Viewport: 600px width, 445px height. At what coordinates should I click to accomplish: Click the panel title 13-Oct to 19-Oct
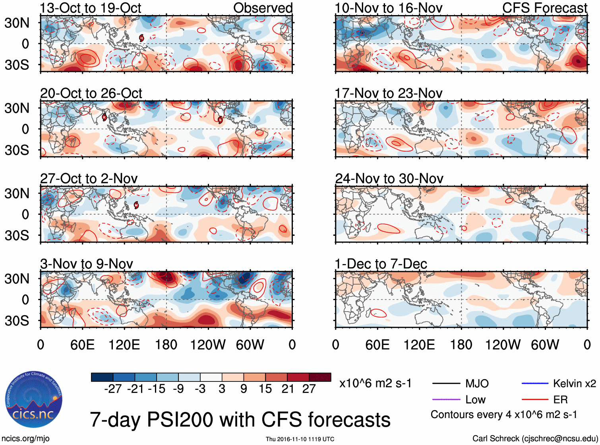91,8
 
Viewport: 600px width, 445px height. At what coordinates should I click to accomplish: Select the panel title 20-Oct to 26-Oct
91,93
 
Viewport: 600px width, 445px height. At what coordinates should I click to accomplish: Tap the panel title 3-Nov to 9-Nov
87,264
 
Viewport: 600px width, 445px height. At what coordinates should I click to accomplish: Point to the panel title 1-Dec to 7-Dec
381,264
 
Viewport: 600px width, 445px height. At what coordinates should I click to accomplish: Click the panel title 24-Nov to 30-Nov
389,179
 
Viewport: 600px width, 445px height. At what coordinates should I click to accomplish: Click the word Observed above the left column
263,8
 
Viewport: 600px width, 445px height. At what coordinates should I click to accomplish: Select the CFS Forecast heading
544,8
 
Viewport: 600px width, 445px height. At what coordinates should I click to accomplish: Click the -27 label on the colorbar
113,389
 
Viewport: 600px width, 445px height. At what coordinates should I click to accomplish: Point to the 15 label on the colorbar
265,389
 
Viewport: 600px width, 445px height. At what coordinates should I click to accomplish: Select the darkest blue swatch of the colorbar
102,377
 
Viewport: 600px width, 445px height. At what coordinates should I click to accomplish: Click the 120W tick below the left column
208,345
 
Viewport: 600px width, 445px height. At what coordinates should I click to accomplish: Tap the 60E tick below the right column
377,345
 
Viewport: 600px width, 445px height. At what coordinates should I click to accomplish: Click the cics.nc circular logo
33,400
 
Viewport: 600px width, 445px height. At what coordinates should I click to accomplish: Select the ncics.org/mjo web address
25,439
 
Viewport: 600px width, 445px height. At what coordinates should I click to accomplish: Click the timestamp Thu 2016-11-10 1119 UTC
300,439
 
